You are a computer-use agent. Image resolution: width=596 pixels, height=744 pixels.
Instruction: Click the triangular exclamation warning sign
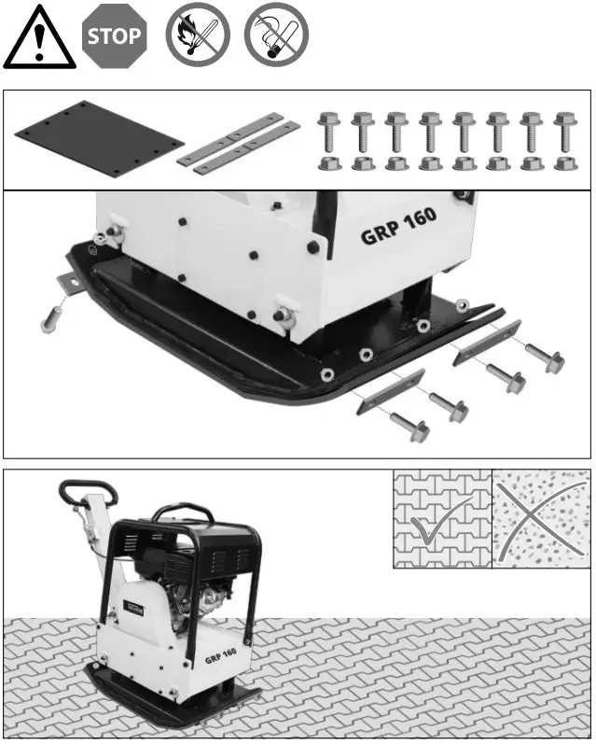click(x=39, y=39)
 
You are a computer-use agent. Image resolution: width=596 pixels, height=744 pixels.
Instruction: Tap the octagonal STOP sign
click(x=115, y=37)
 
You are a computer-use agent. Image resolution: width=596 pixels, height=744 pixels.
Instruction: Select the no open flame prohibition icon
click(x=196, y=37)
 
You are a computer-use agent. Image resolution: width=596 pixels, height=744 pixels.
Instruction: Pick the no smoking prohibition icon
click(x=275, y=37)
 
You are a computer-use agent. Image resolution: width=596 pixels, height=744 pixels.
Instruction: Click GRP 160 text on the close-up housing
click(x=398, y=224)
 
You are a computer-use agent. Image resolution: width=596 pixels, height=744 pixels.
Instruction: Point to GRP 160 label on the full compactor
click(x=220, y=653)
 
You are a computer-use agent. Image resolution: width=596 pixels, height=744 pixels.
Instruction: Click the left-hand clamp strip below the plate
click(x=390, y=392)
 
